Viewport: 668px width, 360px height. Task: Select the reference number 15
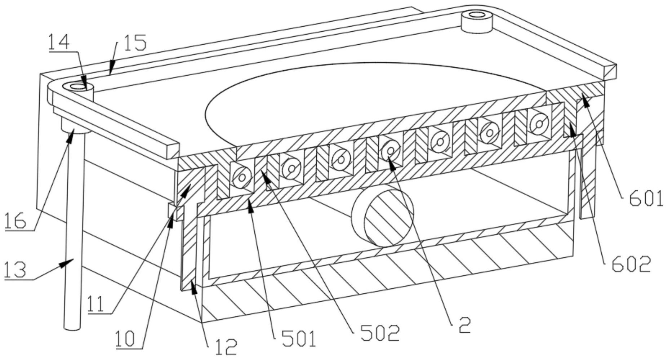[135, 43]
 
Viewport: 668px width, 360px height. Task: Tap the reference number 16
[15, 221]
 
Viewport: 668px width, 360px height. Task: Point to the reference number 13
[15, 270]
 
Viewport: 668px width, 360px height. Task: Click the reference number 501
[299, 339]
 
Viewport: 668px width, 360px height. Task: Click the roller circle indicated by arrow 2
[389, 149]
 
